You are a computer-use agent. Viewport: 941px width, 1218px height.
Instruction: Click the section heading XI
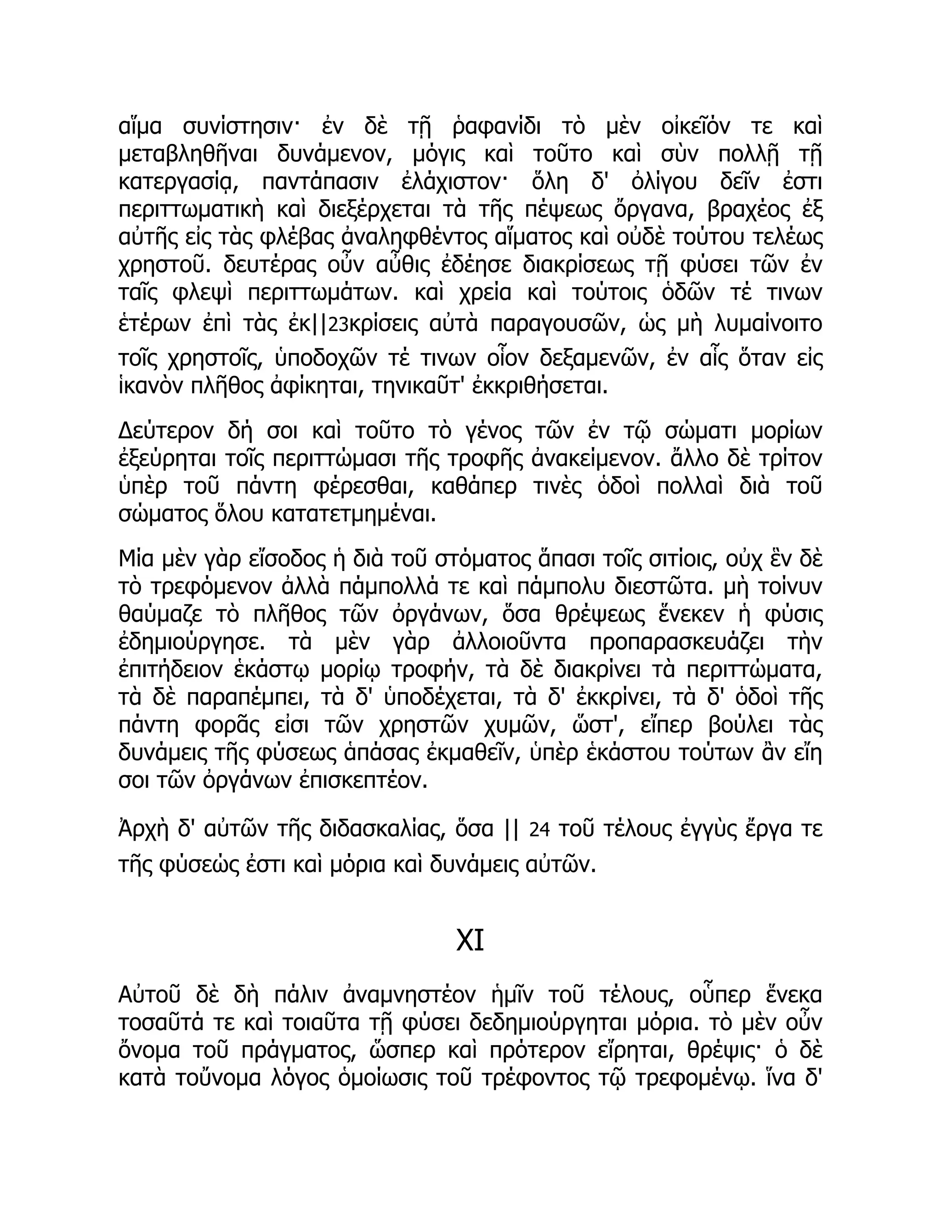[470, 941]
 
